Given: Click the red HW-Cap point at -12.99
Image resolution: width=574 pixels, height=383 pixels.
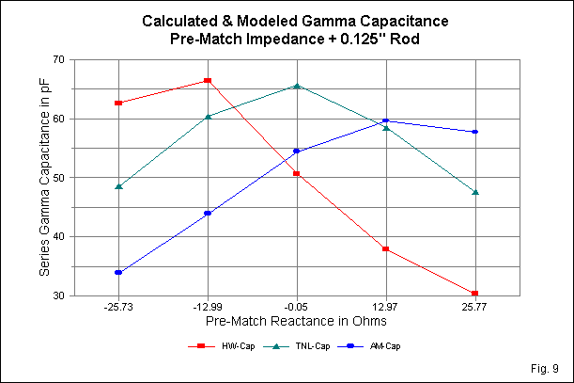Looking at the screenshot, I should [x=208, y=81].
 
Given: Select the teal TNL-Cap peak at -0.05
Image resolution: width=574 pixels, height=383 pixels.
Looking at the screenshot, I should [x=297, y=86].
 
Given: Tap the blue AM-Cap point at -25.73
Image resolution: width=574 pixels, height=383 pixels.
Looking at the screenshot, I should [x=118, y=273].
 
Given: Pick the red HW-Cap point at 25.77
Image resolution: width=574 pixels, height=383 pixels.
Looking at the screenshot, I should [x=475, y=294].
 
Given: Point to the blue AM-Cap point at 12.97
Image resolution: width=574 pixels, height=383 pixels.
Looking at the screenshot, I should [x=386, y=120].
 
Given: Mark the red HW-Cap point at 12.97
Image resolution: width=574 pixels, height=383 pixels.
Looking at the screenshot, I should [x=386, y=249].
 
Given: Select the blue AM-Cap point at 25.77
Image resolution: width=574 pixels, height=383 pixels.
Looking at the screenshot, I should [x=475, y=132].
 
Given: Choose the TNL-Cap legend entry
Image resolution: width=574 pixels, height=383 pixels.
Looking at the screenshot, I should [x=306, y=346].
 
